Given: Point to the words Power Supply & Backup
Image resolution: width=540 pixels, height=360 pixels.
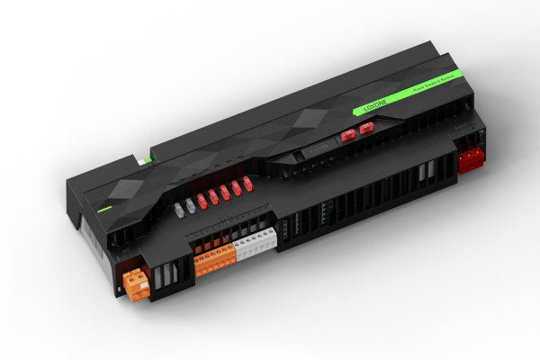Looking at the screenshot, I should click(431, 86).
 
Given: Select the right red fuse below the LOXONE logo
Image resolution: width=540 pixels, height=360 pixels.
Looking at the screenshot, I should click(365, 130).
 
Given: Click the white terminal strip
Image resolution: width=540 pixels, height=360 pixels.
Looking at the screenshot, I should click(255, 243).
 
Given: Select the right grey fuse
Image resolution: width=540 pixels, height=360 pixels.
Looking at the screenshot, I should click(189, 206).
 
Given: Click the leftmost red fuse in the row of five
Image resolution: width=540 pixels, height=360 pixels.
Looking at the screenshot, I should click(202, 201).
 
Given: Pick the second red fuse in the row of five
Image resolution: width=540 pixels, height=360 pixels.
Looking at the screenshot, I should click(213, 196).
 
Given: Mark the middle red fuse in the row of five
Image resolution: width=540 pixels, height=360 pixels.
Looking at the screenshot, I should click(225, 192).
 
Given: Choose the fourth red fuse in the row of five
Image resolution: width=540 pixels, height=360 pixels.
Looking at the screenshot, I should click(237, 187).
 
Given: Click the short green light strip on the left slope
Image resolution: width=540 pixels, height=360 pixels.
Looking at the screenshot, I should click(105, 210).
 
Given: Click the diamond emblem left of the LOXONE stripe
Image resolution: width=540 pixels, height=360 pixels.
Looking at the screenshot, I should click(312, 118).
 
